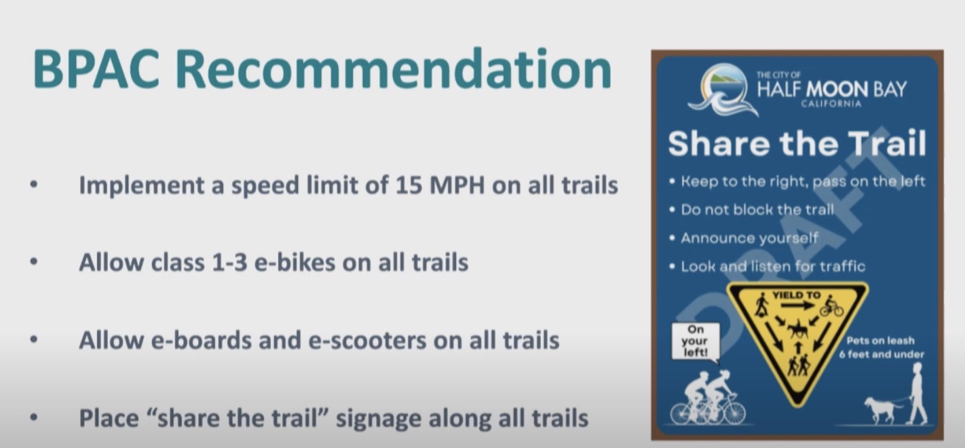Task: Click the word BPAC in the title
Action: (96, 69)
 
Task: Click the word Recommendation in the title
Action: (394, 69)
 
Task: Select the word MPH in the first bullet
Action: (457, 185)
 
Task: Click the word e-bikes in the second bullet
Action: (295, 262)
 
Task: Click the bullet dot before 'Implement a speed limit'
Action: (34, 185)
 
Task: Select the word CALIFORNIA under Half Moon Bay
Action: (831, 104)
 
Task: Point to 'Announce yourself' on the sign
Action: (749, 238)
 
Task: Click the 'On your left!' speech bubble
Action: (696, 341)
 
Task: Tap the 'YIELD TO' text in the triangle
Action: (797, 295)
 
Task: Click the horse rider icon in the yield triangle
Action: (798, 329)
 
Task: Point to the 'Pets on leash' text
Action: (881, 341)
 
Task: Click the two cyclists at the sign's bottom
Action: (708, 398)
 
